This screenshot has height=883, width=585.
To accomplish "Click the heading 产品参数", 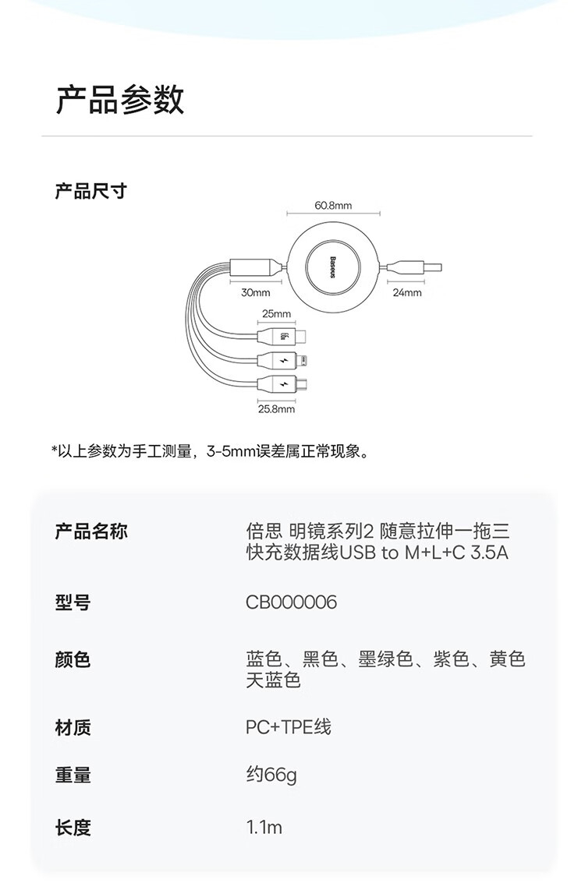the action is click(120, 101).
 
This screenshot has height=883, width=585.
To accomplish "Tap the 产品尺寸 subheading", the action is click(90, 192).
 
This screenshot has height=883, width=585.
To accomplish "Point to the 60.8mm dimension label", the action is click(333, 206).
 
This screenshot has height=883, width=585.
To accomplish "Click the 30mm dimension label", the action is click(256, 292).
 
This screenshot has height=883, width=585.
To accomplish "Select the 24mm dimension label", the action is click(407, 292).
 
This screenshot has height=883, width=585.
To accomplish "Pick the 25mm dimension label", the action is click(276, 313).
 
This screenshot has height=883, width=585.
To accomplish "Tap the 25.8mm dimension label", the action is click(276, 409).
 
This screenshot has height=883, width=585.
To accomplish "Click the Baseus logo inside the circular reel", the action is click(332, 267).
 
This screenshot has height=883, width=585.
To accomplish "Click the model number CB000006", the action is click(292, 602).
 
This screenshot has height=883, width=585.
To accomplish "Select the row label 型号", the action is click(73, 602).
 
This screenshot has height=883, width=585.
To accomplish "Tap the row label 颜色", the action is click(73, 659).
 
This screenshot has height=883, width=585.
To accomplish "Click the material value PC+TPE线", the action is click(289, 727).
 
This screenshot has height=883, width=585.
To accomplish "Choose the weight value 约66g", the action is click(271, 775).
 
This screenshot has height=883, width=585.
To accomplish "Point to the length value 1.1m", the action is click(264, 827).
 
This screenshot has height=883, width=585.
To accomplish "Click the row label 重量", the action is click(73, 775).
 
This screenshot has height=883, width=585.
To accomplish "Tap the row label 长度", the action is click(73, 827).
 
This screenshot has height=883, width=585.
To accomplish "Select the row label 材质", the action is click(73, 727).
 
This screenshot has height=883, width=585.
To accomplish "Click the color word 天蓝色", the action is click(273, 680).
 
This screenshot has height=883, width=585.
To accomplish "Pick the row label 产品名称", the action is click(91, 531).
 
